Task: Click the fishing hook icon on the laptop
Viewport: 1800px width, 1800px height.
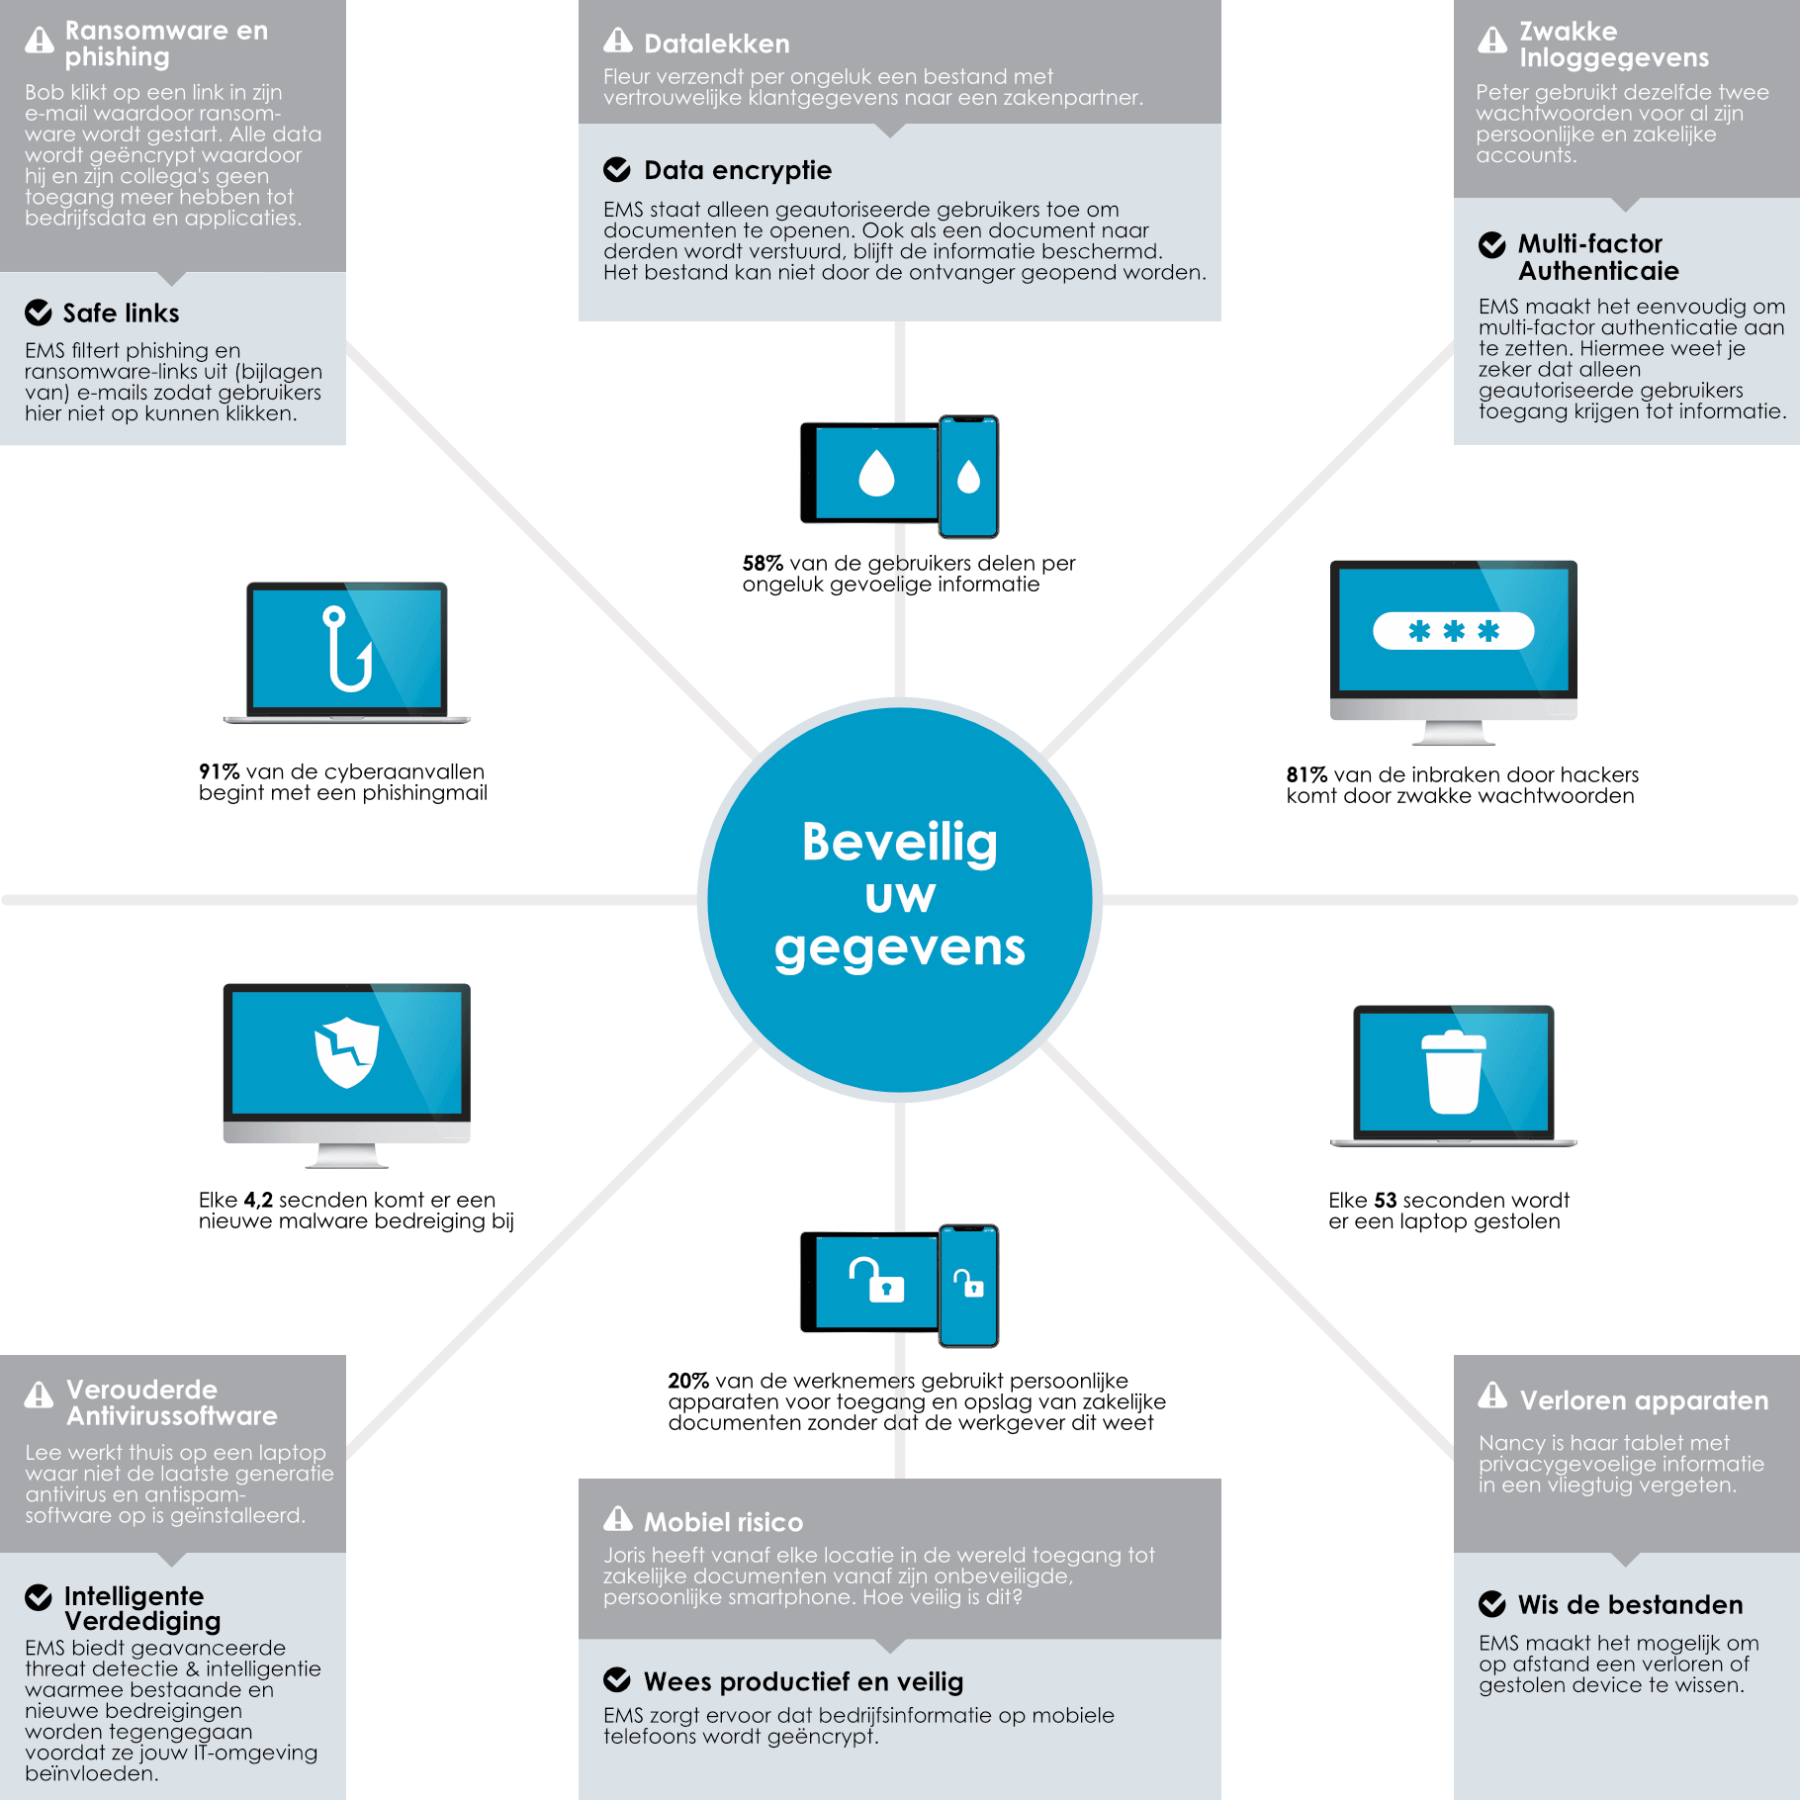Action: [x=346, y=649]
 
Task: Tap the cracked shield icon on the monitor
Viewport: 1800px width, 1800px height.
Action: [x=346, y=1051]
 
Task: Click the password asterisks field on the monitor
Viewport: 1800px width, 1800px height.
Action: [x=1453, y=631]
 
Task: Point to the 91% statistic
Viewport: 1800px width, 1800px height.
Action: [x=220, y=771]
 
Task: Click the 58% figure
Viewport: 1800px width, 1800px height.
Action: [x=763, y=563]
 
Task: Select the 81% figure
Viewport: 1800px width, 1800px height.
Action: [x=1306, y=774]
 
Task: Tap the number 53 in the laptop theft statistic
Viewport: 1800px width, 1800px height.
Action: [x=1385, y=1200]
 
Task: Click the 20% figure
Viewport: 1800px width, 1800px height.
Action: [x=688, y=1381]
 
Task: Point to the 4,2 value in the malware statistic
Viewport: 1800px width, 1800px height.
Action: [x=258, y=1200]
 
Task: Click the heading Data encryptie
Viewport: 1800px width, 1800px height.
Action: [x=738, y=170]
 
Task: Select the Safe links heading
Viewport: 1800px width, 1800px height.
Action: [x=121, y=314]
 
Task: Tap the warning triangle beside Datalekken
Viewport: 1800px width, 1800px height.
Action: [x=618, y=41]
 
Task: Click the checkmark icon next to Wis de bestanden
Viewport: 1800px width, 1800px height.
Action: [x=1491, y=1603]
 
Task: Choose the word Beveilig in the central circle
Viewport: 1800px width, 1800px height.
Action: [x=900, y=844]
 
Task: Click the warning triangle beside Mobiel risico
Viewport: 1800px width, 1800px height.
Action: [x=618, y=1518]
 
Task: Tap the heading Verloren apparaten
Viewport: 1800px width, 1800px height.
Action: [x=1644, y=1400]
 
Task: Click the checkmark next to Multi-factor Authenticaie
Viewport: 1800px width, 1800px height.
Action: [x=1491, y=244]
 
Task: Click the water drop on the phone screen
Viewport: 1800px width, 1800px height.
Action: [x=969, y=477]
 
